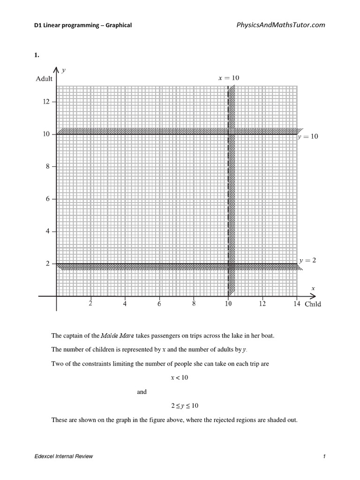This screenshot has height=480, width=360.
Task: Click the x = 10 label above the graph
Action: [x=229, y=78]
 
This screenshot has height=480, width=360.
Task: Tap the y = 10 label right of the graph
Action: [x=308, y=137]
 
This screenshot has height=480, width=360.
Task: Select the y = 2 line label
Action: [x=307, y=260]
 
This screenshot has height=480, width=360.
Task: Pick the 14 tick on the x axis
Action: [x=297, y=304]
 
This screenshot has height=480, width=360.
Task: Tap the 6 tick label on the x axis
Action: [x=159, y=304]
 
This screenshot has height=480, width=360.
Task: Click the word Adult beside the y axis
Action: [x=44, y=79]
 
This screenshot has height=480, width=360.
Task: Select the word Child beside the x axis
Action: [x=313, y=304]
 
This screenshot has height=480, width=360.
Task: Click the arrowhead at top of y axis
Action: [x=57, y=70]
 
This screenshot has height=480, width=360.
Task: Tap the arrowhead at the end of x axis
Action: [x=312, y=296]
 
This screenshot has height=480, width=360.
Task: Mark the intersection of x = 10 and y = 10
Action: [x=228, y=134]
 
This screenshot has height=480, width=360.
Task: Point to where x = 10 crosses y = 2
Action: [x=228, y=264]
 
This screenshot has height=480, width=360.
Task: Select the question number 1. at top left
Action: [x=36, y=55]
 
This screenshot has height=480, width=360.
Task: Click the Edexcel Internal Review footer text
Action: [x=63, y=457]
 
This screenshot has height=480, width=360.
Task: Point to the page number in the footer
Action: [x=324, y=457]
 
